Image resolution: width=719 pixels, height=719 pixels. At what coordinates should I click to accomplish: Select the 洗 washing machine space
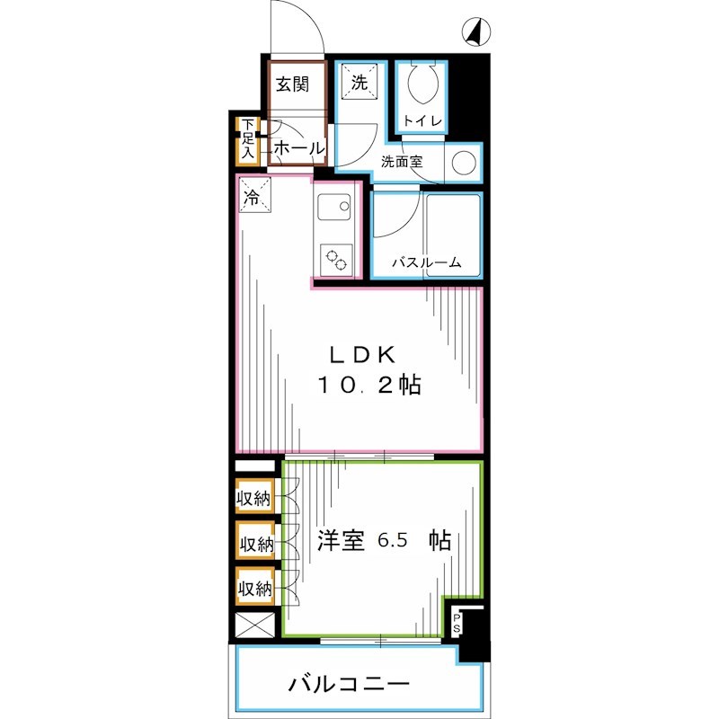359,84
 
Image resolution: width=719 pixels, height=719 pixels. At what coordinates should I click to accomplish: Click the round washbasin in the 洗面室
463,164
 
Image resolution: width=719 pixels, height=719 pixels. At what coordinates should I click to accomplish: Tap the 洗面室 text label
401,164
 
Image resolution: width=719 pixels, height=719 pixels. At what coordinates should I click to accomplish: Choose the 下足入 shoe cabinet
248,140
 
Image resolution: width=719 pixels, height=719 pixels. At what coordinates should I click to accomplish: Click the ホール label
297,147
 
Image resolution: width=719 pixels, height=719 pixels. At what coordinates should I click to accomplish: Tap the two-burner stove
337,260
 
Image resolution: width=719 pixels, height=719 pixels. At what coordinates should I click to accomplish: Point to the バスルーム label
427,263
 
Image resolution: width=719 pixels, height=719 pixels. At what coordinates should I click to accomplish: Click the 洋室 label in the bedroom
342,541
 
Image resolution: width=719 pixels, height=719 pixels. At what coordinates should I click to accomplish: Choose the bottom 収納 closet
254,589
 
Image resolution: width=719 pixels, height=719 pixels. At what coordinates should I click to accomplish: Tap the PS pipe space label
457,622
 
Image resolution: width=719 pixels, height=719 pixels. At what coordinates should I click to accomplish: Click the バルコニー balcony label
350,686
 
